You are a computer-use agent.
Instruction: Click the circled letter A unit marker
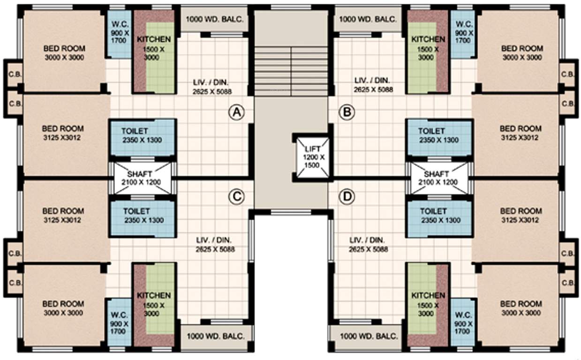[x=237, y=112]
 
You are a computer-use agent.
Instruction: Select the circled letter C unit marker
[x=237, y=197]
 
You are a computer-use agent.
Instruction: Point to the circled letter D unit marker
[x=347, y=197]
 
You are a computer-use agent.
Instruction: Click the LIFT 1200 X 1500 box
[x=311, y=157]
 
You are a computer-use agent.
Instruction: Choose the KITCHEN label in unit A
[x=154, y=39]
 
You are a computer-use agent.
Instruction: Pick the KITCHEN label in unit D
[x=428, y=295]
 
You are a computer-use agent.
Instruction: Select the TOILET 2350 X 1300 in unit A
[x=142, y=136]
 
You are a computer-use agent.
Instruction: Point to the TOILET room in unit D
[x=439, y=216]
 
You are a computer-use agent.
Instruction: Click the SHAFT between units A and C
[x=142, y=178]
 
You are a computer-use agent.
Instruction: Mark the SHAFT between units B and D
[x=439, y=178]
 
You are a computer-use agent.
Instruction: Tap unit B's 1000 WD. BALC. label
[x=368, y=20]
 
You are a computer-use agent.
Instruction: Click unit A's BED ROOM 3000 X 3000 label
[x=64, y=52]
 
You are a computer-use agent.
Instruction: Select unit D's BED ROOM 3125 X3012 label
[x=521, y=215]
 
